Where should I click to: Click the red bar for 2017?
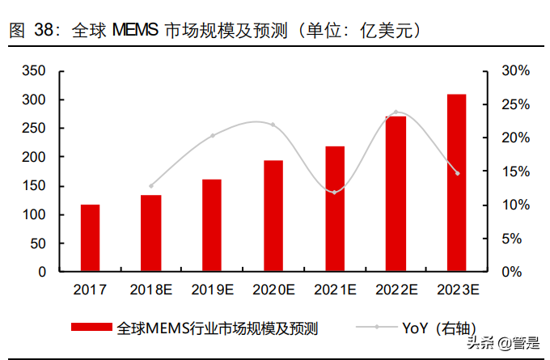pos(90,238)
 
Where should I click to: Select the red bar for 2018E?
pos(151,233)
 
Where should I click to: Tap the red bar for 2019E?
pos(212,225)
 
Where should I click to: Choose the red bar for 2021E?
pos(335,209)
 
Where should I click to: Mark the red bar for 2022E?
pos(396,194)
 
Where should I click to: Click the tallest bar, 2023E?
pos(457,183)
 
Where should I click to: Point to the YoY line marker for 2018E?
pos(151,185)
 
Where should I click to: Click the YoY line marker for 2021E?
pos(335,192)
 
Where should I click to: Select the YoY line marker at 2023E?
pos(457,173)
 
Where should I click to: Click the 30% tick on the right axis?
pos(515,71)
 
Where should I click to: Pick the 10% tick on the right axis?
pos(515,205)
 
